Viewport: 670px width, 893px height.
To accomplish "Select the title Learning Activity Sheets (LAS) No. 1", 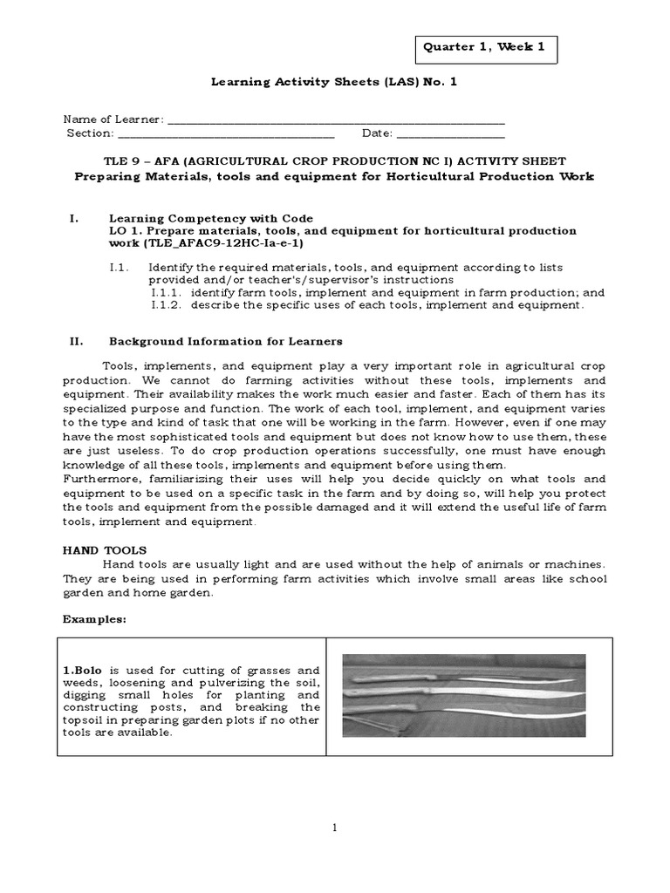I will pyautogui.click(x=335, y=82).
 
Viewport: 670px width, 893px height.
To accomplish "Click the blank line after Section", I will pyautogui.click(x=226, y=134).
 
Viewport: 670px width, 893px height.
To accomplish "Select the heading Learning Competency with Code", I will pyautogui.click(x=210, y=217).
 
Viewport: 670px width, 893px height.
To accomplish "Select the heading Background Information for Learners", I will pyautogui.click(x=225, y=341).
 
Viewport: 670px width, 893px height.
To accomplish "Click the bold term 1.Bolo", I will pyautogui.click(x=81, y=670).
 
